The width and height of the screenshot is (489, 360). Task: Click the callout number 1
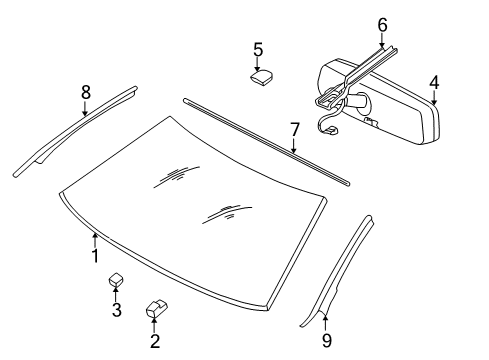95,256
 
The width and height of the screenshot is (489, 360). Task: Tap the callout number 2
155,341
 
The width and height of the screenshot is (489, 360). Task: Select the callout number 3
116,310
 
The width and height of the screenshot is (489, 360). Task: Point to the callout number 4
434,83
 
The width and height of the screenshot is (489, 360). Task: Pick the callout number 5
258,50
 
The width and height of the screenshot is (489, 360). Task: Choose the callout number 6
382,25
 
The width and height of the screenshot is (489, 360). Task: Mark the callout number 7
294,130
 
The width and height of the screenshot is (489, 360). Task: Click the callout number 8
86,92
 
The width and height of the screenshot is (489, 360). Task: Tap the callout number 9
327,341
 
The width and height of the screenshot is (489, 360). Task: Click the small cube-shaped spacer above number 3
116,279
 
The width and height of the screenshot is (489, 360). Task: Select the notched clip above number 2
156,309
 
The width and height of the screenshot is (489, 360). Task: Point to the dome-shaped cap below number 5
262,77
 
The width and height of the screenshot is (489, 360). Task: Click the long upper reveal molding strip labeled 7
266,141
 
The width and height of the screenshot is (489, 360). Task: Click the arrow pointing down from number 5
257,64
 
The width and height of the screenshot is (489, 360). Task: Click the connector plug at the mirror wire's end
331,131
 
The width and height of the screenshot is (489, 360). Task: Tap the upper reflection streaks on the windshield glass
177,176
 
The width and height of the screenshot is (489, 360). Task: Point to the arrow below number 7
294,145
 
